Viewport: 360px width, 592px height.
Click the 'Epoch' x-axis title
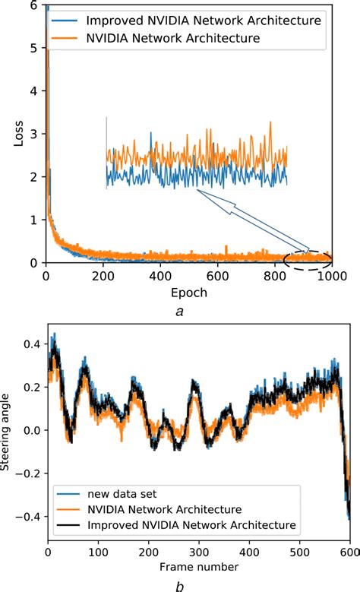click(188, 290)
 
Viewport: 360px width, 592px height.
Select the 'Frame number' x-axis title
click(198, 566)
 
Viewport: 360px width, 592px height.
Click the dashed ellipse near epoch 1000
click(308, 260)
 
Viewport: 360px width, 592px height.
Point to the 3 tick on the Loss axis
click(33, 134)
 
